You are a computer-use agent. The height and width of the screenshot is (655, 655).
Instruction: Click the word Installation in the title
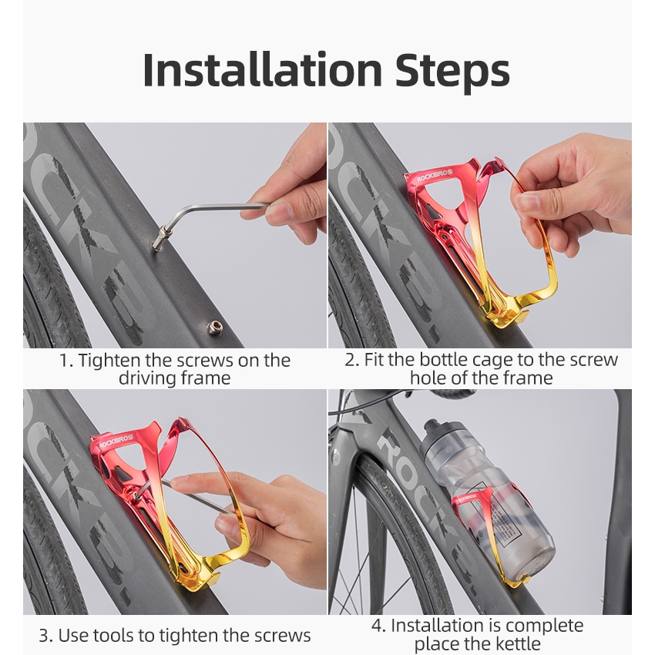point(262,69)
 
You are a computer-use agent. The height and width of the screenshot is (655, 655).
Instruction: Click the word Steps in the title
point(452,72)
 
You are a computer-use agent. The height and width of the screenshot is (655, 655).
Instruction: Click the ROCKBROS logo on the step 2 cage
point(435,176)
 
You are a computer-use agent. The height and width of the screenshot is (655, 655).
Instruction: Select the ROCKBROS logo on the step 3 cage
point(116,441)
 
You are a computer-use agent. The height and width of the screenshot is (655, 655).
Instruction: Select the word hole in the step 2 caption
point(425,378)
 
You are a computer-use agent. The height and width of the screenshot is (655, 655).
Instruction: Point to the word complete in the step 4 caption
point(544,626)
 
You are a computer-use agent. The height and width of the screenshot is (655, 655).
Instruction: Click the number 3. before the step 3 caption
point(45,636)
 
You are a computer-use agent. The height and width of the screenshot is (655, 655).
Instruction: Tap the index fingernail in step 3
point(176,480)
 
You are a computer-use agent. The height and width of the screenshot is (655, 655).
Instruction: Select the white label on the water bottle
point(503,527)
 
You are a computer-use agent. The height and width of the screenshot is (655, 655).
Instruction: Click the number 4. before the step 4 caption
point(378,626)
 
